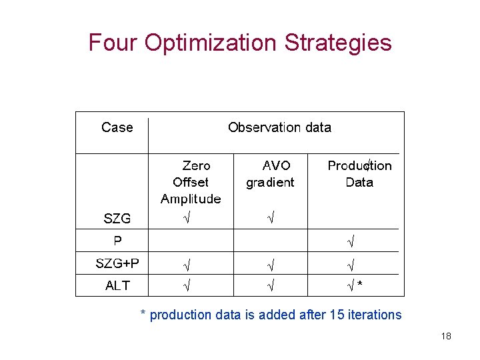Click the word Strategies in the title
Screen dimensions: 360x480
338,43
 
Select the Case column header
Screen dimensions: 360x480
117,127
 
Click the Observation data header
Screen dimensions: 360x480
279,127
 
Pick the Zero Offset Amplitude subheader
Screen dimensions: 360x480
191,182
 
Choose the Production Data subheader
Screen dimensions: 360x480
359,173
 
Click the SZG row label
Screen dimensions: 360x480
117,218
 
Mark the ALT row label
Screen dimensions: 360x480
117,285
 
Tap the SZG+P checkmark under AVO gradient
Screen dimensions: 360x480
271,263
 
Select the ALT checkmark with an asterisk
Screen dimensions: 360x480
355,286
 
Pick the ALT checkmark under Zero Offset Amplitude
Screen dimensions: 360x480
188,286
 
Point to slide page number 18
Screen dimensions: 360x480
446,336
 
